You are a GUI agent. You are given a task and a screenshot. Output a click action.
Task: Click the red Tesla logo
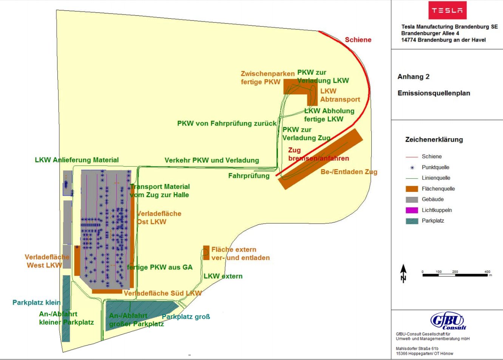point(447,11)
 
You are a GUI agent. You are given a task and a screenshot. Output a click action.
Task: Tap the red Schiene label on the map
point(358,40)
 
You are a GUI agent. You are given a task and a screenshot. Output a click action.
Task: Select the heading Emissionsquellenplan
point(434,93)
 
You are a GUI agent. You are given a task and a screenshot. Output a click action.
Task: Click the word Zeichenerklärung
point(434,139)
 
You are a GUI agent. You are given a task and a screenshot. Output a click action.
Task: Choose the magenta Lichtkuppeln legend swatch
point(412,210)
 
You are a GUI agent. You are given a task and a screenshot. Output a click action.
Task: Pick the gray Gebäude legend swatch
point(412,199)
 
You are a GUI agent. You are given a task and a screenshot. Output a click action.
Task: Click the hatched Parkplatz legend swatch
point(412,221)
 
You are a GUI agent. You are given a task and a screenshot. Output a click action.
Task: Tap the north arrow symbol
point(403,273)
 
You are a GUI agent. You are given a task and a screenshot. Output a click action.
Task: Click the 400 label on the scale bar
point(487,272)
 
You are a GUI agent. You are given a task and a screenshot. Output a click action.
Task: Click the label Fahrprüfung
point(249,176)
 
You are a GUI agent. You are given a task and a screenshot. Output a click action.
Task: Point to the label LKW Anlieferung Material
point(77,160)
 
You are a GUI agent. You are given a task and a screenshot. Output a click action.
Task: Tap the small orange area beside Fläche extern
point(206,252)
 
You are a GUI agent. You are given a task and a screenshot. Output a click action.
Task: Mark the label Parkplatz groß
point(186,317)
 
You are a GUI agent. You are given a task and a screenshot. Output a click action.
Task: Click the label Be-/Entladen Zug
point(349,172)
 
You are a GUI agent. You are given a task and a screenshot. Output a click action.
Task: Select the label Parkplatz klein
point(36,303)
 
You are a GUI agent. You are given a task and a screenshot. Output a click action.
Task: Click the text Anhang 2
point(413,77)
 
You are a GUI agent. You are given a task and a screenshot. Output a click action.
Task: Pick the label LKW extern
point(223,276)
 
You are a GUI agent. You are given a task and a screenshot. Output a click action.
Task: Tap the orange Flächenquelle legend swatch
point(412,189)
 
